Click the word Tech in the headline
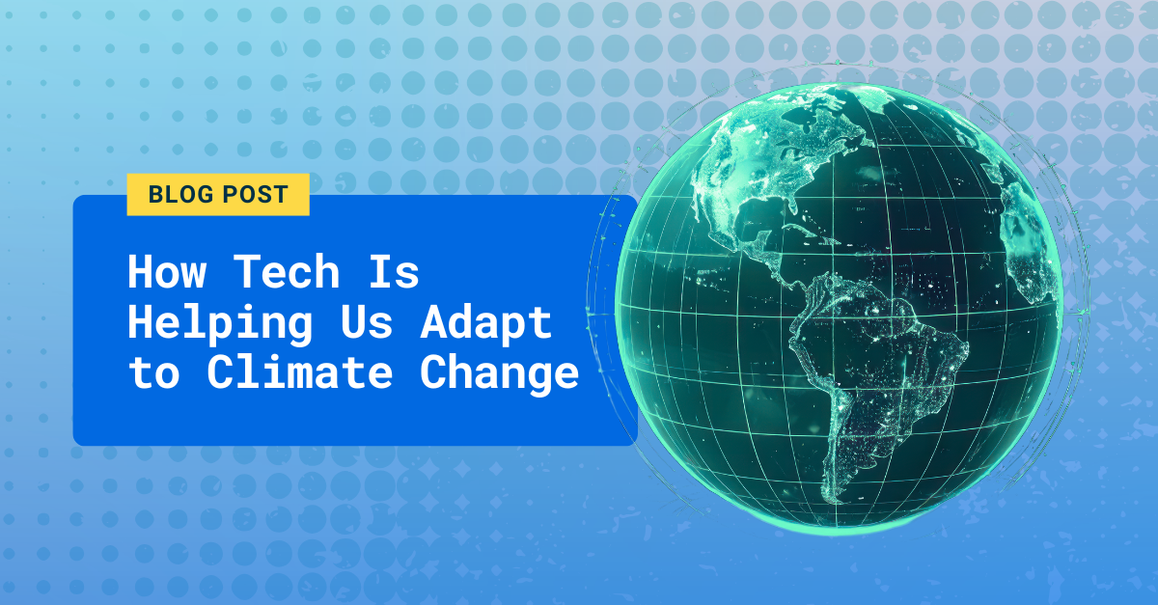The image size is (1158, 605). click(287, 273)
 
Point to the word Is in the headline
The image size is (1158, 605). click(393, 273)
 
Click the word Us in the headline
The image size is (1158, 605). click(366, 323)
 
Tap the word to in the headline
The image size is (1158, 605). click(153, 374)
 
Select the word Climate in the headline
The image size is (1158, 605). click(299, 372)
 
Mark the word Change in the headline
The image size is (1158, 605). click(499, 374)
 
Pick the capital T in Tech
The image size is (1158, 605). click(247, 273)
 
